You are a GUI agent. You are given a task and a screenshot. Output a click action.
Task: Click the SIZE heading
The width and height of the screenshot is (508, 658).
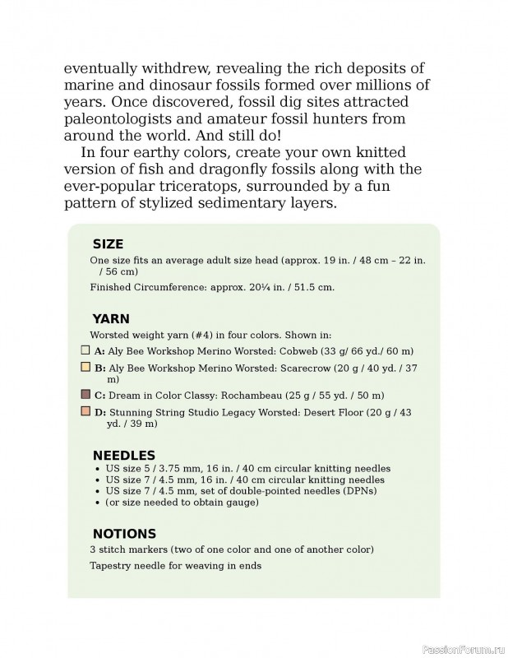point(108,243)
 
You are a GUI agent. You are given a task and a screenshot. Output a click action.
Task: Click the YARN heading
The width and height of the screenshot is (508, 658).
point(111,318)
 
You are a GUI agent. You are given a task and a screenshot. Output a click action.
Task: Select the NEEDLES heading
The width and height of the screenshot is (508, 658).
point(123,455)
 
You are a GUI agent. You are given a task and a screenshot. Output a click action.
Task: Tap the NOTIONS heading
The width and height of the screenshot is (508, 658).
point(124,534)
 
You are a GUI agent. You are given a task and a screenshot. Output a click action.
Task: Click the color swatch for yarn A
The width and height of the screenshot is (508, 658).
point(85,350)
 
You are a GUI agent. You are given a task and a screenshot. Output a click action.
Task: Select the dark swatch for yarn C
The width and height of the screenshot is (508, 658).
point(85,395)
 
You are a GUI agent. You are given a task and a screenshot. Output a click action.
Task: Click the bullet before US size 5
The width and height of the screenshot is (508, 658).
point(98,469)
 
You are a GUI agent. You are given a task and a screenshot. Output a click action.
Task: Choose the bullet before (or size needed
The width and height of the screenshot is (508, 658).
point(98,502)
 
